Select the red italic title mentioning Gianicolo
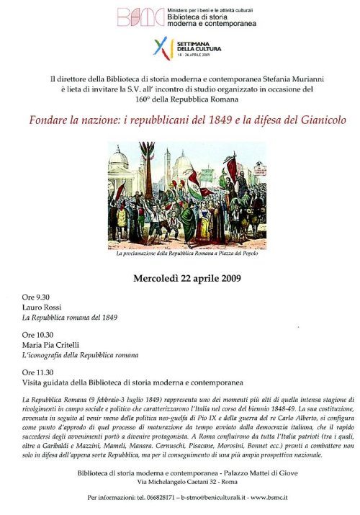point(179,120)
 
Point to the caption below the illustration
point(186,254)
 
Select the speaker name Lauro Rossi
point(42,307)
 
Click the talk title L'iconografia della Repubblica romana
point(80,355)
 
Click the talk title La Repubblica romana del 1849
point(69,317)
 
